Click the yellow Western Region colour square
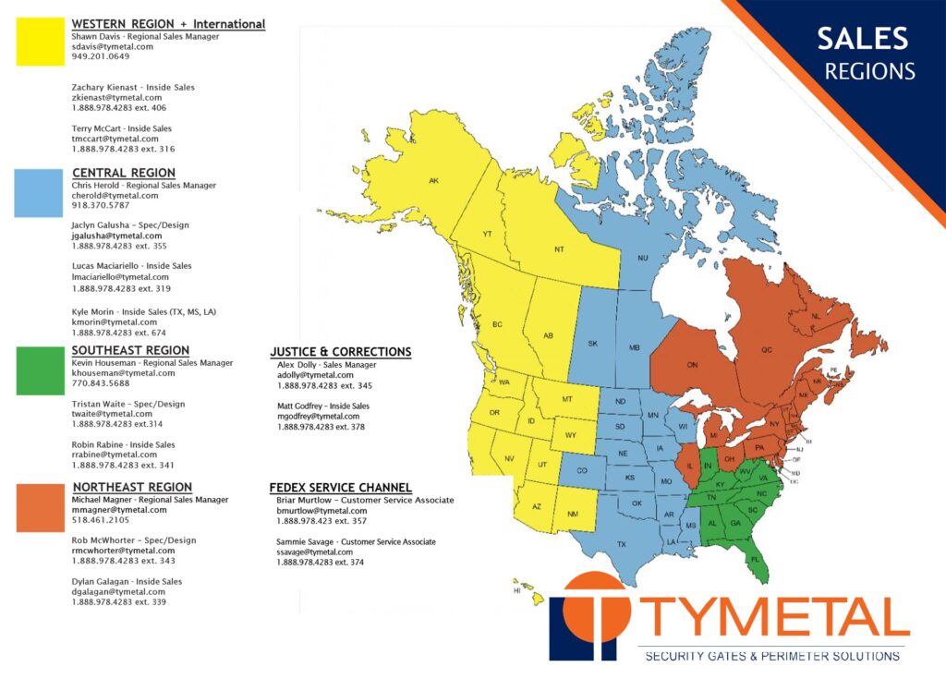point(40,41)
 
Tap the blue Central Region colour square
point(38,193)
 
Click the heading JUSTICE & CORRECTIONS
point(340,352)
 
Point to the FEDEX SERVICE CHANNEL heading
point(340,488)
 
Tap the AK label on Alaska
point(433,181)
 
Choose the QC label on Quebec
point(766,351)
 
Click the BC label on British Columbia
point(496,325)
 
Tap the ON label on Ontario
point(693,366)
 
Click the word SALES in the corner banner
point(862,39)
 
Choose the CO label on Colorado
point(582,471)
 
